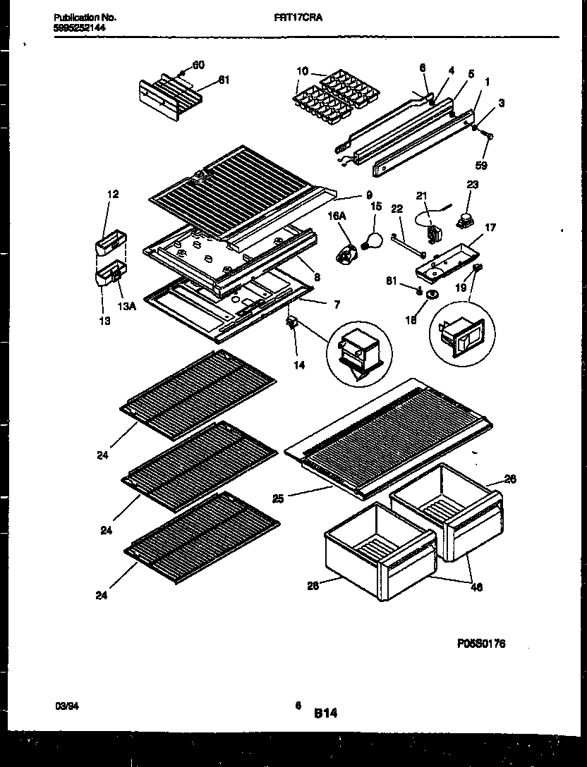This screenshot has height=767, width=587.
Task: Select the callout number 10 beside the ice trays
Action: pyautogui.click(x=301, y=71)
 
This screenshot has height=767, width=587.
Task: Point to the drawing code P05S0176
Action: pyautogui.click(x=480, y=644)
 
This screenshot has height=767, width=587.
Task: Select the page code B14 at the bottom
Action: pyautogui.click(x=326, y=713)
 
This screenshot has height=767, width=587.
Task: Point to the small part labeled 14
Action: pyautogui.click(x=290, y=324)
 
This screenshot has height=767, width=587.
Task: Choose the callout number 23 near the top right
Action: pyautogui.click(x=472, y=185)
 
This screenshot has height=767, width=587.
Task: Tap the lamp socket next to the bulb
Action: pyautogui.click(x=346, y=252)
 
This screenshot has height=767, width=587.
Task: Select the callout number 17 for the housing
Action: pyautogui.click(x=490, y=228)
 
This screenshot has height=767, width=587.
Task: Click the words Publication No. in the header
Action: pyautogui.click(x=85, y=18)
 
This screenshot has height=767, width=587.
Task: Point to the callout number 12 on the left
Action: pyautogui.click(x=113, y=194)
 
